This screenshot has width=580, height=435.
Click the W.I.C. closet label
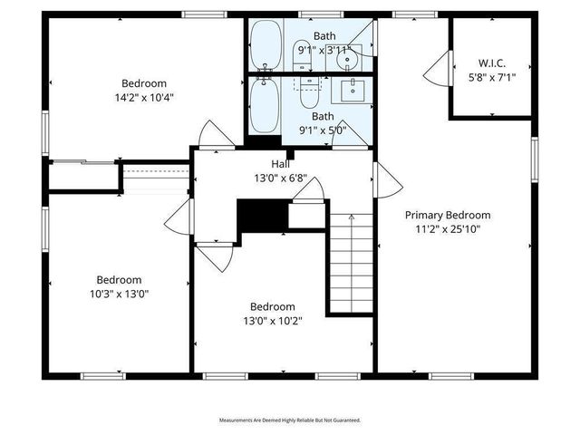pyautogui.click(x=491, y=63)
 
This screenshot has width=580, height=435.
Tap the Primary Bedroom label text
pyautogui.click(x=447, y=215)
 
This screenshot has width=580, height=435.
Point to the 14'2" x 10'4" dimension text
pyautogui.click(x=143, y=96)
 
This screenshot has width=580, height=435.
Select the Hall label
pyautogui.click(x=280, y=165)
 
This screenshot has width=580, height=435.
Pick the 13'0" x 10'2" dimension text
pyautogui.click(x=272, y=320)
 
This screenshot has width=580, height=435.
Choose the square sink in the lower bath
pyautogui.click(x=353, y=90)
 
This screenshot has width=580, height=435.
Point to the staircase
pyautogui.click(x=351, y=263)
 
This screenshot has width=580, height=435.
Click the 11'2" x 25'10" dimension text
pyautogui.click(x=448, y=229)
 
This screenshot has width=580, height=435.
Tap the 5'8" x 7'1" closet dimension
pyautogui.click(x=491, y=77)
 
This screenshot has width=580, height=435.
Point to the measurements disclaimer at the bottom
pyautogui.click(x=290, y=420)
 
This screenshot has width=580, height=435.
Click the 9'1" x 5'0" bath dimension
pyautogui.click(x=323, y=130)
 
